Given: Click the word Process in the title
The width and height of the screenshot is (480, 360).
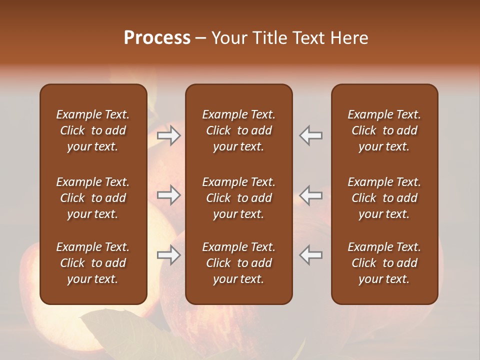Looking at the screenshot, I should pyautogui.click(x=157, y=38).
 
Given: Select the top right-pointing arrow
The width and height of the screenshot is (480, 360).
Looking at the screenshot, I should pyautogui.click(x=169, y=135).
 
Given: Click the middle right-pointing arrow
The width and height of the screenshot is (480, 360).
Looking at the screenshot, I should pyautogui.click(x=169, y=195).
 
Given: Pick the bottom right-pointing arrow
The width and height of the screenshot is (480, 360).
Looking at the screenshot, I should pyautogui.click(x=169, y=255).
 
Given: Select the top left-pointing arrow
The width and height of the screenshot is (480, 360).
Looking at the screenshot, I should pyautogui.click(x=310, y=135).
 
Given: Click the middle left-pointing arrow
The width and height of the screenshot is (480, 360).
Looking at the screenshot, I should pyautogui.click(x=310, y=195).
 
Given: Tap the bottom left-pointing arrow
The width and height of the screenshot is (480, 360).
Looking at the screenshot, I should pyautogui.click(x=310, y=255).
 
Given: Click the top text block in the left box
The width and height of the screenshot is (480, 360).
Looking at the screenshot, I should pyautogui.click(x=93, y=130).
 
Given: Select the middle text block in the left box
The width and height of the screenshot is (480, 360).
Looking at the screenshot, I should pyautogui.click(x=93, y=198).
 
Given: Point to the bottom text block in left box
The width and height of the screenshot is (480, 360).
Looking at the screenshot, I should pyautogui.click(x=93, y=263).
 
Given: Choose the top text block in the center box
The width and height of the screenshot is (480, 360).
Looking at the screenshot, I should pyautogui.click(x=238, y=130).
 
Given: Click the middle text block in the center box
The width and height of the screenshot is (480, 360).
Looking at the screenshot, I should pyautogui.click(x=238, y=198).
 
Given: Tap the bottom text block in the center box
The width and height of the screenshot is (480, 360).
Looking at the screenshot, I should pyautogui.click(x=238, y=263).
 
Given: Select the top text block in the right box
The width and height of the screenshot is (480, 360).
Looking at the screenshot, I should pyautogui.click(x=384, y=130).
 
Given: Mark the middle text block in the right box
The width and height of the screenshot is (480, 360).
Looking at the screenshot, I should pyautogui.click(x=384, y=198).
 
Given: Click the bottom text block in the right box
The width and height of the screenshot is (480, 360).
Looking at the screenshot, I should pyautogui.click(x=384, y=263).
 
